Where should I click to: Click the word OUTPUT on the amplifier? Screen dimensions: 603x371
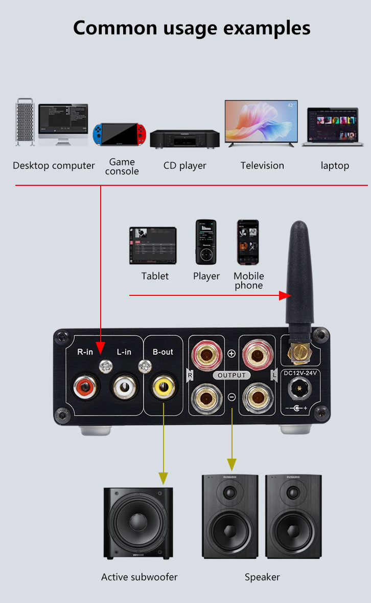tap(231, 375)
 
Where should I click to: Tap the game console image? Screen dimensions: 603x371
tap(121, 134)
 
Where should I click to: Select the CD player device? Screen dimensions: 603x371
tap(184, 138)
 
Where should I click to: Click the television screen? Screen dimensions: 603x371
tap(261, 121)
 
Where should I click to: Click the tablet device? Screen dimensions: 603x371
tap(153, 246)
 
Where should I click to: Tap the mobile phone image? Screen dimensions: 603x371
tap(248, 242)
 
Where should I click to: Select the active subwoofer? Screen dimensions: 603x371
tap(137, 522)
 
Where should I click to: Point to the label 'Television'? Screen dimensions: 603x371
tap(262, 165)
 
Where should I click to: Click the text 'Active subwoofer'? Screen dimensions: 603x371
tap(139, 577)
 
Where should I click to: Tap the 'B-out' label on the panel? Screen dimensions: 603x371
tap(163, 352)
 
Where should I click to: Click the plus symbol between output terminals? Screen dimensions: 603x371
tap(231, 353)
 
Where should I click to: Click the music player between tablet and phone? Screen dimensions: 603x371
tap(206, 242)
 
